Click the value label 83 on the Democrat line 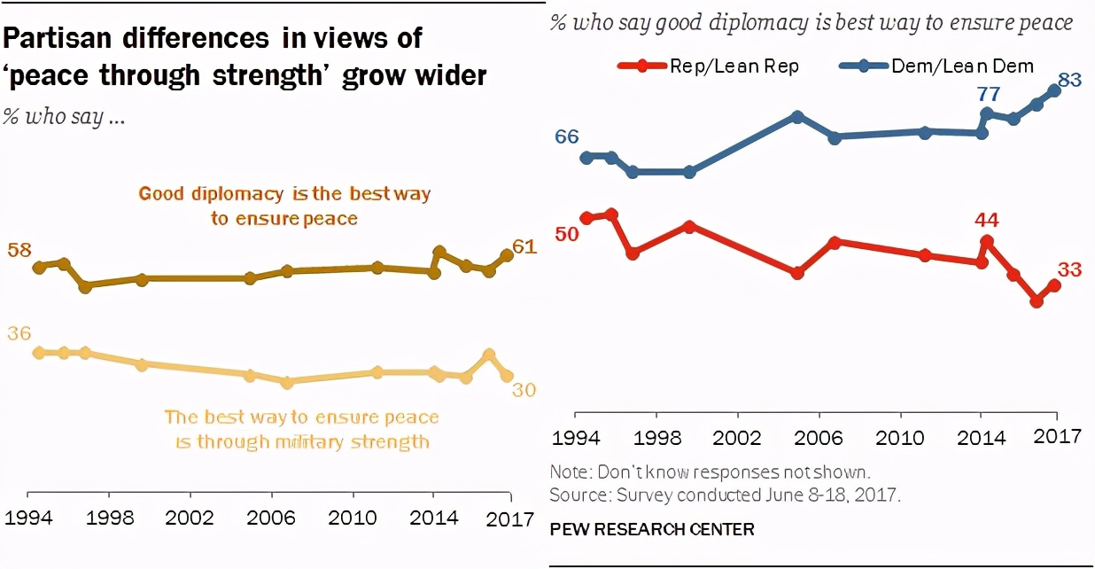1069,80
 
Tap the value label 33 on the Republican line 1070,270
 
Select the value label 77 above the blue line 988,93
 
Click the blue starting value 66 567,136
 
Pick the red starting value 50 567,233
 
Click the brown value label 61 525,246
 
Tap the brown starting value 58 19,250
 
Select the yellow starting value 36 19,333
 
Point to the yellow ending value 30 525,389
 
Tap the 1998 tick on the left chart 112,518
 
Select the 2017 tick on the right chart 1057,436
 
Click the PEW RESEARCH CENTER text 652,529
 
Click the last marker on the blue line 1055,90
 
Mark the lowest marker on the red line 1037,301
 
